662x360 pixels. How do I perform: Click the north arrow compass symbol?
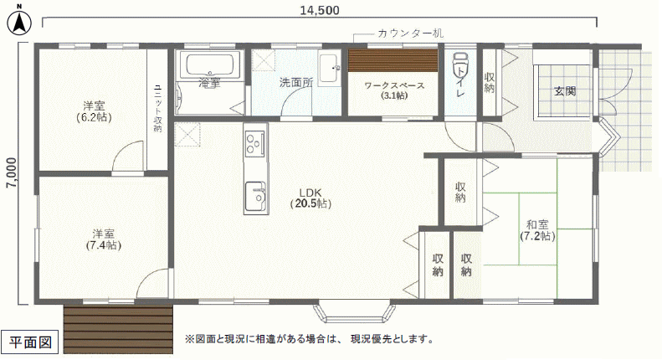[19, 22]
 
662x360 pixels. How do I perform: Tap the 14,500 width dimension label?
[320, 10]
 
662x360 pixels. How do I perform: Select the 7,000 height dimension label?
[13, 172]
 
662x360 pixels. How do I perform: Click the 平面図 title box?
[30, 342]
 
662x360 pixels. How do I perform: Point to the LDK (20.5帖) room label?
[310, 198]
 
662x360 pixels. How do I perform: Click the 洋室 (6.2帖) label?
[94, 111]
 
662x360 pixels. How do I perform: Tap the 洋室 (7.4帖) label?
[104, 239]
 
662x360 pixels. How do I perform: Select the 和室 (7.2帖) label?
[537, 230]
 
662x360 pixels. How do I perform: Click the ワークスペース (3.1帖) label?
[394, 90]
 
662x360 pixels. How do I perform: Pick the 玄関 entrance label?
[565, 91]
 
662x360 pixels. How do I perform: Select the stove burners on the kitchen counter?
[255, 142]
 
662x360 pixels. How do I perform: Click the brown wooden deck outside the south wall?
[118, 329]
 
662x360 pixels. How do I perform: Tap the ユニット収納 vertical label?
[157, 109]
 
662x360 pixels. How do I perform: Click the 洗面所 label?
[296, 82]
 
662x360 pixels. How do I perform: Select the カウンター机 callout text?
[410, 33]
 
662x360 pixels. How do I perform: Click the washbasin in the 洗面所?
[329, 68]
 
